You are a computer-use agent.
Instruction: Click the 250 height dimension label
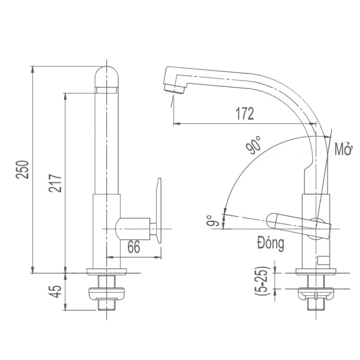[23, 169]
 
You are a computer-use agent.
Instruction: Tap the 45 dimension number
[56, 291]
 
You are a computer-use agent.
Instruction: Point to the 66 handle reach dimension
[134, 247]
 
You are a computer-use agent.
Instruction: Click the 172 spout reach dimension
[245, 114]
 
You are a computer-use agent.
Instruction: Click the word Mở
[343, 149]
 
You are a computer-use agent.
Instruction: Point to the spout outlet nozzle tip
[174, 89]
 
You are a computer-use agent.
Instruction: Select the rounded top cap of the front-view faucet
[106, 76]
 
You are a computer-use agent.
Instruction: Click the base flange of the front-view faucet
[106, 271]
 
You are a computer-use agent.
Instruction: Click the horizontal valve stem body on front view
[134, 228]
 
